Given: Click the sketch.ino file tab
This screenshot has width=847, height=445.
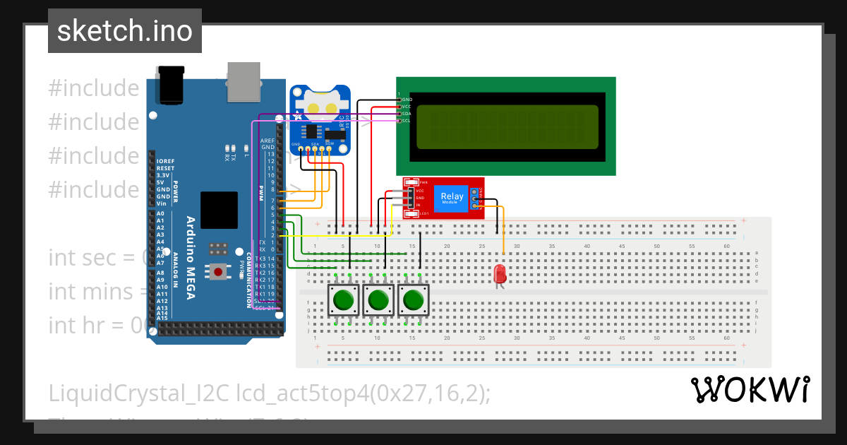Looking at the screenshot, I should click(x=124, y=31).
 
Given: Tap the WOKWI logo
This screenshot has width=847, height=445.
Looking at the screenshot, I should click(x=750, y=389).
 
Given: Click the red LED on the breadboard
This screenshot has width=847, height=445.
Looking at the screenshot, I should click(x=500, y=273).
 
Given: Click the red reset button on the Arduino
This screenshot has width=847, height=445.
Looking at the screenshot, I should click(x=218, y=271).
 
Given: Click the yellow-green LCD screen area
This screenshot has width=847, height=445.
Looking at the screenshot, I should click(x=507, y=127).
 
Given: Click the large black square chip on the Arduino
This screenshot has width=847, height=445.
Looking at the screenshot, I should click(x=219, y=210).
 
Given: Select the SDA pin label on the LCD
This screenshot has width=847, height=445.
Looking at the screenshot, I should click(x=407, y=114).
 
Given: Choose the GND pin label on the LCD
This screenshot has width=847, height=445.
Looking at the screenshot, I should click(x=407, y=100).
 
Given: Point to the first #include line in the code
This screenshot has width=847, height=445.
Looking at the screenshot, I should click(x=94, y=88).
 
